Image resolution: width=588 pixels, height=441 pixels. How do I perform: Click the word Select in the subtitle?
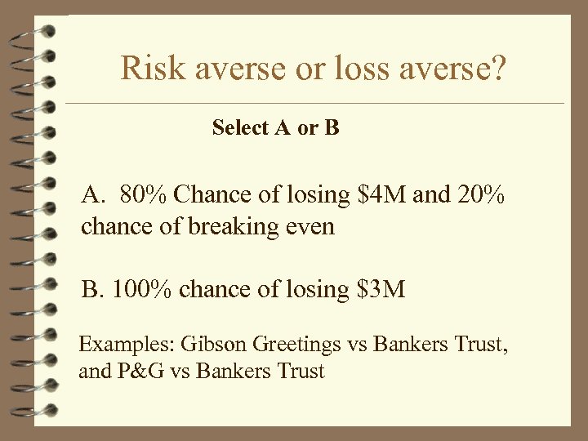point(239,128)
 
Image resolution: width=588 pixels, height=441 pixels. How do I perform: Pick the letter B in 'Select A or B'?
point(331,128)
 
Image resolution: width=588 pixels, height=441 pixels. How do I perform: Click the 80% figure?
point(143,196)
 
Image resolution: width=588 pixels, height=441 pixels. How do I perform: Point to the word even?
point(311,226)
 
